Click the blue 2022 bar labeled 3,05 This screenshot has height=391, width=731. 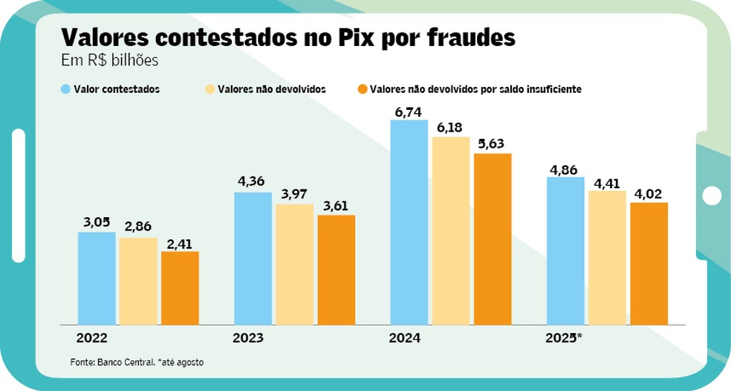click(x=97, y=279)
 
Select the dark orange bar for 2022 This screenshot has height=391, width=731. click(x=180, y=288)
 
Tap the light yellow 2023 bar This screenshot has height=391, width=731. click(x=294, y=265)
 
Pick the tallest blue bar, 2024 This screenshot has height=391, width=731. click(x=409, y=222)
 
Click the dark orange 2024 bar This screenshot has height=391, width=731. click(x=493, y=239)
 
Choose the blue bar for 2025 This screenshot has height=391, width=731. click(x=565, y=251)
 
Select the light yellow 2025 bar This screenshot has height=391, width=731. click(x=607, y=258)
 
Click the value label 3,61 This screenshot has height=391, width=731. click(x=336, y=206)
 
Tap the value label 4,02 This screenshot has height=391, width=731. click(x=649, y=193)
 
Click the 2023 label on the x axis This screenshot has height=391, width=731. click(x=248, y=338)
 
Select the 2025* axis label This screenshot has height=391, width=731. click(x=564, y=338)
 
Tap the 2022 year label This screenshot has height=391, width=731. click(x=91, y=338)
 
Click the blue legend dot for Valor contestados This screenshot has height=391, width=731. click(x=66, y=89)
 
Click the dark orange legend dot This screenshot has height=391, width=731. click(x=363, y=89)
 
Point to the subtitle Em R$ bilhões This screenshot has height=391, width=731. click(x=109, y=61)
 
